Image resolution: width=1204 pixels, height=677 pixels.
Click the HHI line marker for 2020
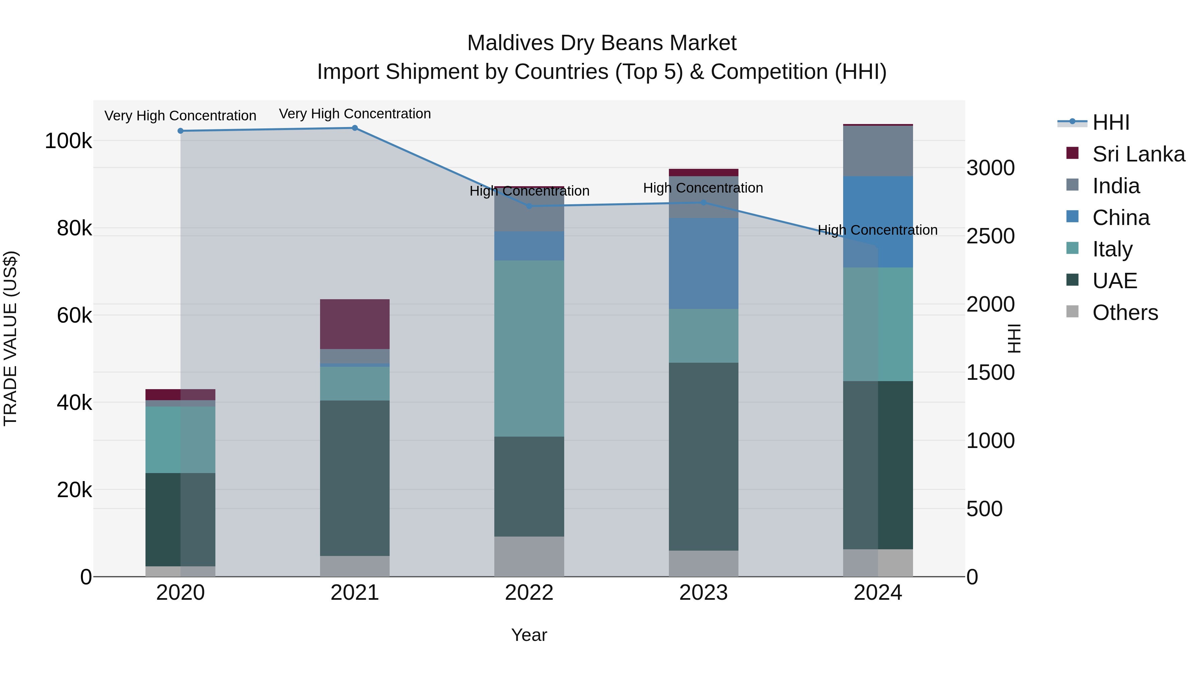(180, 131)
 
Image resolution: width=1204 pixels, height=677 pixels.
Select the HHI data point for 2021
(355, 128)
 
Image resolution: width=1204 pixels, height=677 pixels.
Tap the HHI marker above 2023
(703, 202)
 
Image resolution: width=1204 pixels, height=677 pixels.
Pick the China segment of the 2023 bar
(703, 263)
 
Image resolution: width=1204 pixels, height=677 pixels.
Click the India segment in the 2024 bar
(878, 151)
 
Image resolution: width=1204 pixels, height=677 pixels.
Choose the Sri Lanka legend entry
(1138, 154)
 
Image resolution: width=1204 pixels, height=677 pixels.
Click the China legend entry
(1120, 218)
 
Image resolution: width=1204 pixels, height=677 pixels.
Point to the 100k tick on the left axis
(68, 141)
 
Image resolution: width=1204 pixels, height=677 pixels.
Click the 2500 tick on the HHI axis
(990, 236)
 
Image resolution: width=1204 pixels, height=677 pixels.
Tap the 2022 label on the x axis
(529, 593)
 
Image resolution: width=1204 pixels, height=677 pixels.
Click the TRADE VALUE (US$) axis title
(10, 338)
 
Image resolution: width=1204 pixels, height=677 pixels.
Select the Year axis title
(529, 635)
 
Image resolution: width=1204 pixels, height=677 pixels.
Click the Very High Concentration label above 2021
(355, 114)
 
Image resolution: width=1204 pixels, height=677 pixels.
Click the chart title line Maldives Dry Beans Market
(602, 43)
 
